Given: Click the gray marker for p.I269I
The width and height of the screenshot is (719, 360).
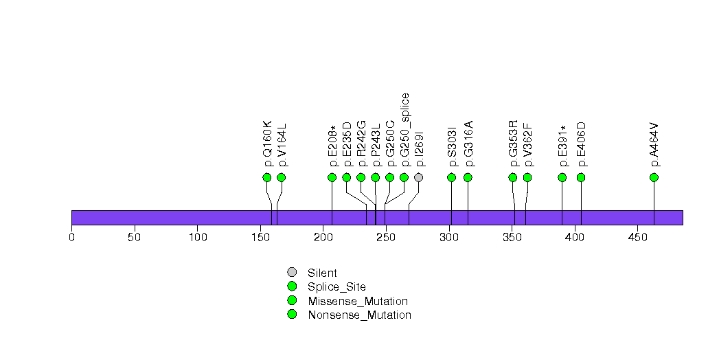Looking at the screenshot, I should coord(418,177).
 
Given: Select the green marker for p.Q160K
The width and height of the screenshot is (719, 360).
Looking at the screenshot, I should coord(267,177).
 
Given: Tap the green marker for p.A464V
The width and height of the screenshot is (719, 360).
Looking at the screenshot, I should coord(654,177).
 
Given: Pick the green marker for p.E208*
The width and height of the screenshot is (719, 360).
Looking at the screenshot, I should coord(332,177).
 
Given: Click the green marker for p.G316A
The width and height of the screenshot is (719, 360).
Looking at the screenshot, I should coord(468,177).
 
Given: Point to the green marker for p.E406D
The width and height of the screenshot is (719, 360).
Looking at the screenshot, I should coord(581,177).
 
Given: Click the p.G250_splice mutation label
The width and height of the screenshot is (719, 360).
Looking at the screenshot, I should coord(405,130).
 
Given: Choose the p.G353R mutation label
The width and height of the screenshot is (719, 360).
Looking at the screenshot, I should coord(513,144).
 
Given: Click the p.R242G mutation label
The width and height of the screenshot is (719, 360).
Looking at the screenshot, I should coord(361,144).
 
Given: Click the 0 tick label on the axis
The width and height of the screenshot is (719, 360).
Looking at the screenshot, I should coord(71,237).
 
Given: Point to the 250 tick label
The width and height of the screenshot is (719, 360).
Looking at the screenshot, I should coord(386,237).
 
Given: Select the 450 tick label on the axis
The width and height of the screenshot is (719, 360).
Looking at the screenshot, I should coord(637,237).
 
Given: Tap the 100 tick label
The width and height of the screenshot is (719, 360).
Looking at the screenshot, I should coord(197,237).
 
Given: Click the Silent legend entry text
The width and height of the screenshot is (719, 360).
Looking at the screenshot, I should coord(322,273).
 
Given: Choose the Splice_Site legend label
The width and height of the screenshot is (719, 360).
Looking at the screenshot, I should coord(336,286).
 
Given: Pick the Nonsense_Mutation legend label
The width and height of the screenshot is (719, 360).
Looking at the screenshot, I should coord(359,315).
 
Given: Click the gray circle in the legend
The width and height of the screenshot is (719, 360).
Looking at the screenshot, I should coord(292,272).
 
